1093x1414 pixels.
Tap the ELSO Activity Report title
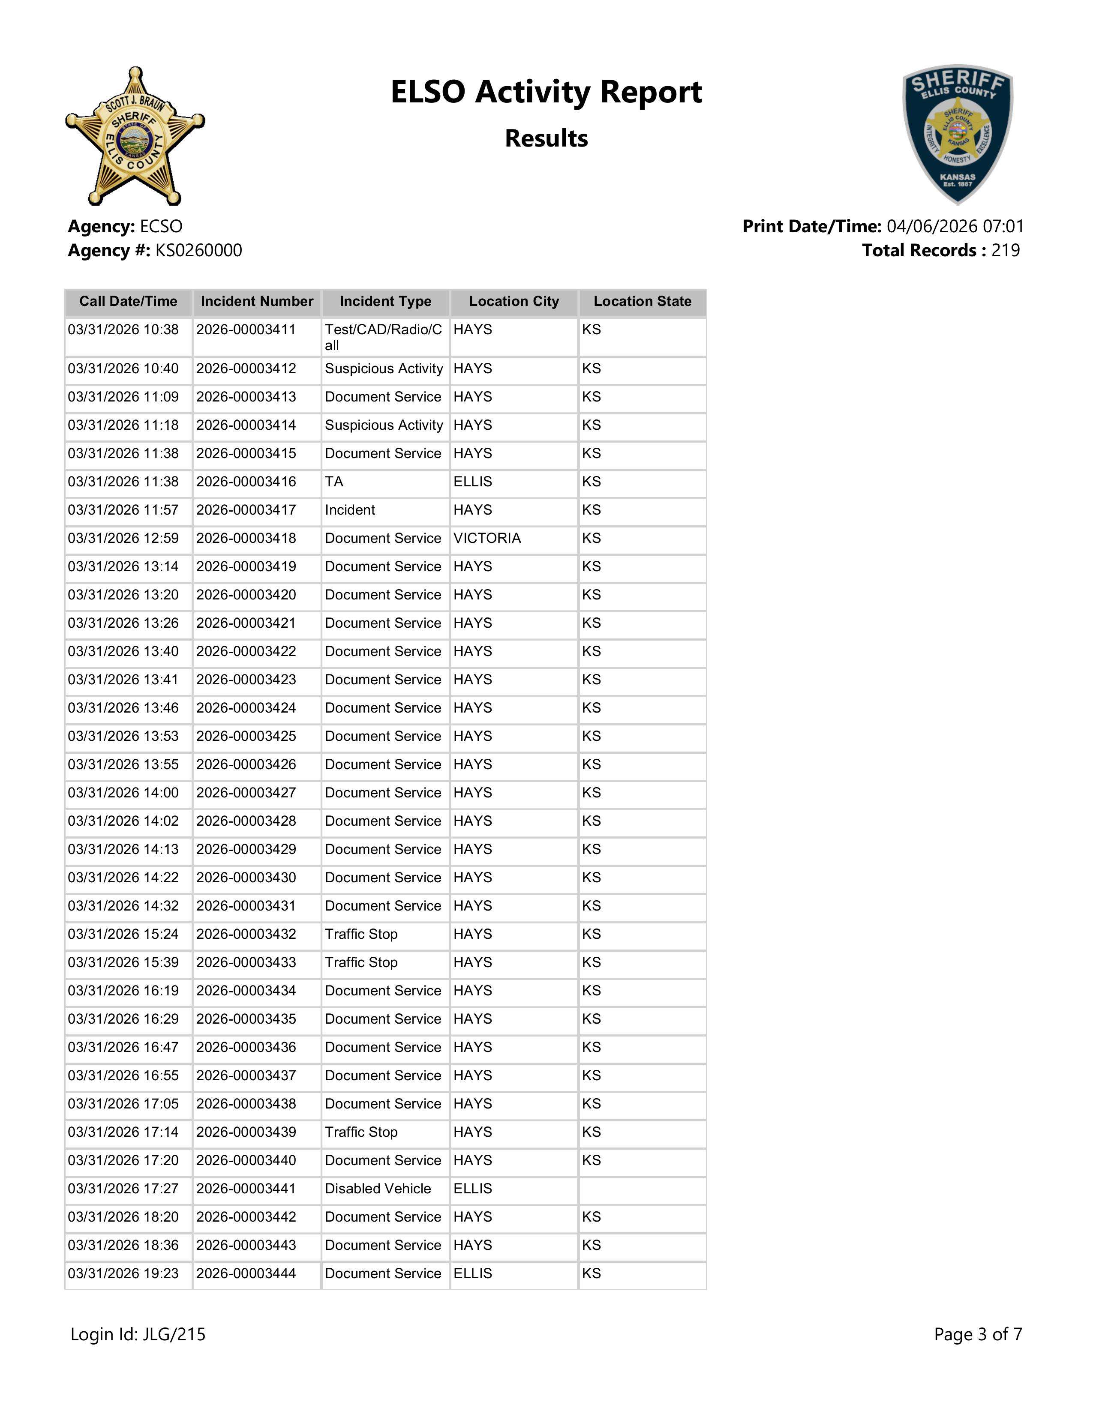click(x=546, y=92)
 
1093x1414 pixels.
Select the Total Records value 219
click(x=1005, y=251)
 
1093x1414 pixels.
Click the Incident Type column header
click(x=385, y=302)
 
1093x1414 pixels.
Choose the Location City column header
click(x=513, y=302)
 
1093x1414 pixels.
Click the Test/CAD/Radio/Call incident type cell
click(x=383, y=337)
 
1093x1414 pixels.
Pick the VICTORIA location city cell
click(x=487, y=539)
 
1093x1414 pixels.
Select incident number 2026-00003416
click(x=246, y=482)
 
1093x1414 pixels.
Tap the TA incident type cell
click(x=334, y=482)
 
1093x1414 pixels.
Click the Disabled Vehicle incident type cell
click(x=378, y=1189)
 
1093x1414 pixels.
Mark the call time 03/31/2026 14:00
click(x=123, y=792)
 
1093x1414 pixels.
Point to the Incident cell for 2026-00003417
click(x=350, y=510)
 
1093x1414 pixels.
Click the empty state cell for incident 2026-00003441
click(x=642, y=1189)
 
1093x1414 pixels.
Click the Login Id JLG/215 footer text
click(x=138, y=1334)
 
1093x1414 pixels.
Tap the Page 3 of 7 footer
click(x=978, y=1334)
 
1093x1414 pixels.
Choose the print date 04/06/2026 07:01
click(x=955, y=227)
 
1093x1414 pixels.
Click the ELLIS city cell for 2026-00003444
click(x=473, y=1273)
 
